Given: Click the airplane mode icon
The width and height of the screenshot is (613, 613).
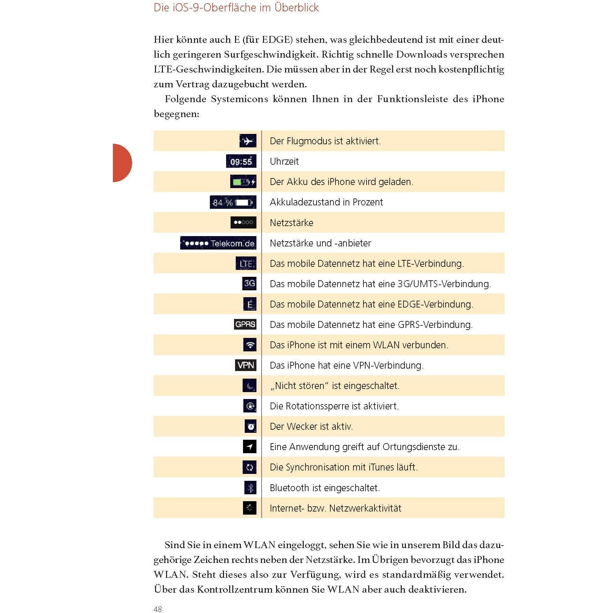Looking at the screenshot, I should click(248, 141).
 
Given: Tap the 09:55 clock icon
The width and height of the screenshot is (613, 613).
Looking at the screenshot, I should click(241, 161).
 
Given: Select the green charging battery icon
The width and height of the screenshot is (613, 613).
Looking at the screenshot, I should click(243, 182).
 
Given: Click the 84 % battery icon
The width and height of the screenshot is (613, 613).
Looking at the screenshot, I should click(233, 202).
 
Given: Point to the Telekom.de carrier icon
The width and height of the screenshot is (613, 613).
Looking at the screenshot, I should click(218, 243).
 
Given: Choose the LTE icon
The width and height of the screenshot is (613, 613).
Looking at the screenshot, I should click(246, 263).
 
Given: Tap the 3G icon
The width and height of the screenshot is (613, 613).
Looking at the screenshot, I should click(249, 284).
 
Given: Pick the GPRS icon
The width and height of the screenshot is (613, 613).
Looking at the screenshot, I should click(245, 324).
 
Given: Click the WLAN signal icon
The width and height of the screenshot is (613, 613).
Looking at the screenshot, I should click(250, 345).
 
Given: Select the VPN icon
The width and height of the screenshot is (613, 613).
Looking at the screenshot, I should click(245, 365).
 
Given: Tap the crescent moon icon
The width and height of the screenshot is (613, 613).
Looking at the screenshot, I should click(250, 386).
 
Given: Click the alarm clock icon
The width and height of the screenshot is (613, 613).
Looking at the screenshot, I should click(251, 426).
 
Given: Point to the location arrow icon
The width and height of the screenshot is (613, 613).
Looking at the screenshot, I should click(250, 447).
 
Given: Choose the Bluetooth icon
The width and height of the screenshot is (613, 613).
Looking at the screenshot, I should click(250, 488).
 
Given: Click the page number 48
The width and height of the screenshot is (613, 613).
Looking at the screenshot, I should click(158, 609).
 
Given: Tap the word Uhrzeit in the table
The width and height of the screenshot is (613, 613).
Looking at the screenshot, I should click(284, 161).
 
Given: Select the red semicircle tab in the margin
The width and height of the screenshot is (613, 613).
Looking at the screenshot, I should click(122, 163).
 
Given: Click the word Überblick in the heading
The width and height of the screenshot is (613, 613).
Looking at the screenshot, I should click(296, 8).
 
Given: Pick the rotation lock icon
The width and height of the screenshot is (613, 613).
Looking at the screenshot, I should click(250, 406).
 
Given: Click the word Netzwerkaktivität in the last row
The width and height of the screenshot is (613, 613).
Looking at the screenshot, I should click(365, 508).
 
